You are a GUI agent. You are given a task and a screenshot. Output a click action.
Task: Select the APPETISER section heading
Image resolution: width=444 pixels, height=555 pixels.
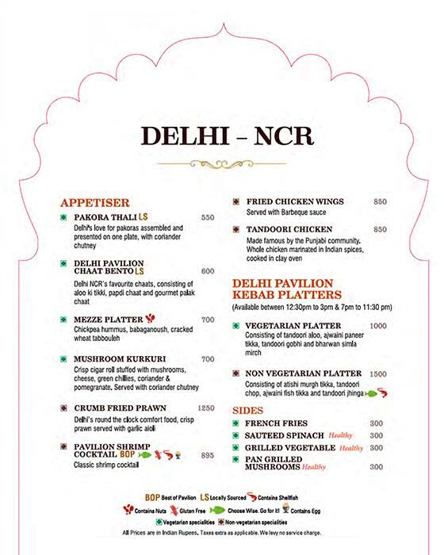point(94,202)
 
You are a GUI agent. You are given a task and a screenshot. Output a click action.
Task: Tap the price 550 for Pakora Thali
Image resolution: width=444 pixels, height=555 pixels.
point(208,217)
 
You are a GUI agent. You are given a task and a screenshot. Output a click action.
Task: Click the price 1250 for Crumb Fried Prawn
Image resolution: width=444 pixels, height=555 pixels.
point(205,408)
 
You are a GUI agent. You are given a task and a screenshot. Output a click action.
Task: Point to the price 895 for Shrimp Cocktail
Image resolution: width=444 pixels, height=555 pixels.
point(208,455)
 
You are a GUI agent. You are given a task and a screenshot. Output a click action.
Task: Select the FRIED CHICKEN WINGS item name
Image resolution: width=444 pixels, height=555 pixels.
point(294,201)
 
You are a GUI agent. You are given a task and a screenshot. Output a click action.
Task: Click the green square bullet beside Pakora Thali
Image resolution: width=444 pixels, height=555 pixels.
point(62,217)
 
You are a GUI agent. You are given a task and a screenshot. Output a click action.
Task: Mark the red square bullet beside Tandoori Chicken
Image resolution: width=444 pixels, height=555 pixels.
point(235,229)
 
